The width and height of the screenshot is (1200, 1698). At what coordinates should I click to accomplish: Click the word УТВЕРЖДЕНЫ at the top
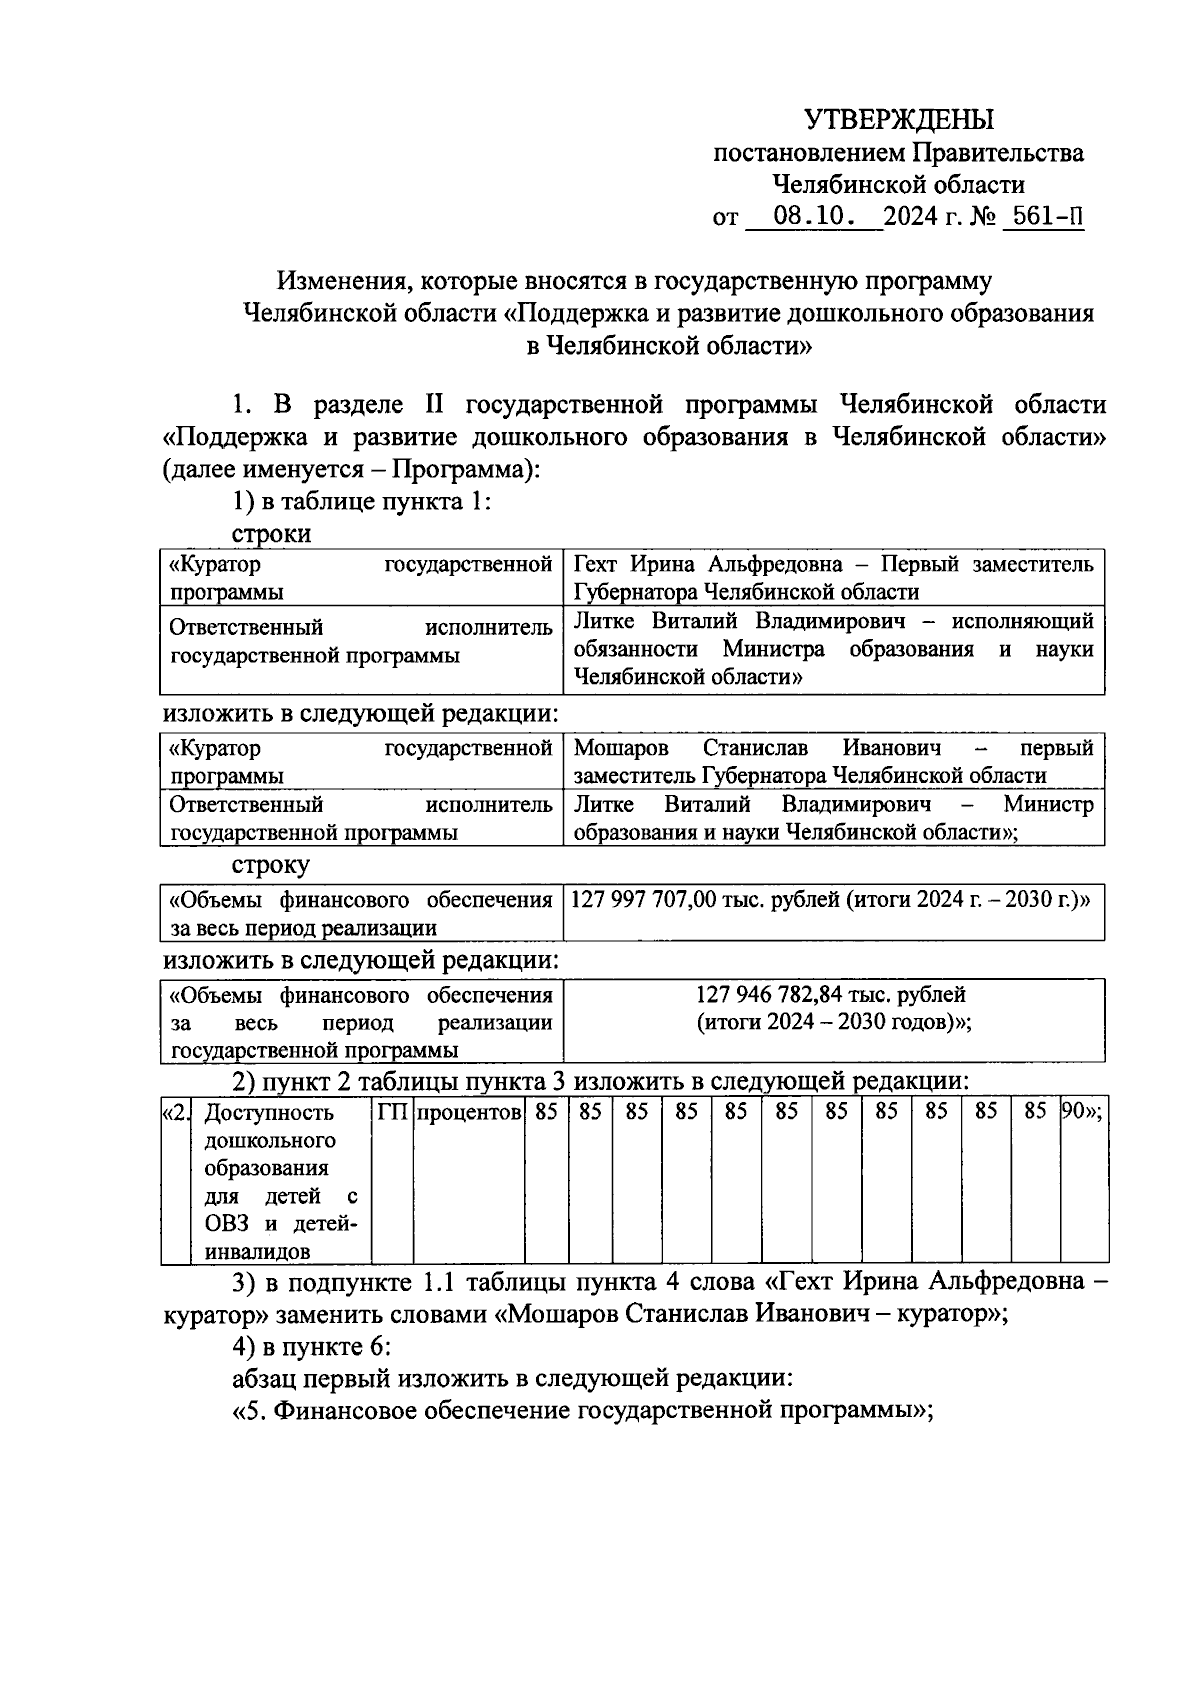(x=899, y=120)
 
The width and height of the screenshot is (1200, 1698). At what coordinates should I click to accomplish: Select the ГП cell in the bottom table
(x=392, y=1112)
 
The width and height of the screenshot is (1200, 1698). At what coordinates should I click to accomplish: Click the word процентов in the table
(x=469, y=1112)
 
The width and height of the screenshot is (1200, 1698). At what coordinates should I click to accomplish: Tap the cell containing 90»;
(x=1082, y=1112)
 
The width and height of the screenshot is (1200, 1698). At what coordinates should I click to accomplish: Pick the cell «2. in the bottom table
(x=175, y=1112)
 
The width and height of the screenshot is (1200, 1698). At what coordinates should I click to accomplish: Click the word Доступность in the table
(x=268, y=1113)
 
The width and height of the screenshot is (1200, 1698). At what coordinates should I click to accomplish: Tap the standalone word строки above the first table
(x=271, y=533)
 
